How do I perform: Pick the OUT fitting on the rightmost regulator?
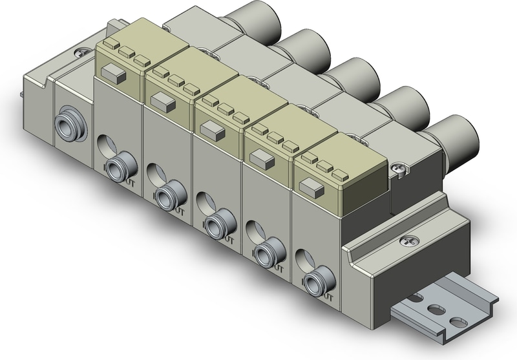(315, 282)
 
